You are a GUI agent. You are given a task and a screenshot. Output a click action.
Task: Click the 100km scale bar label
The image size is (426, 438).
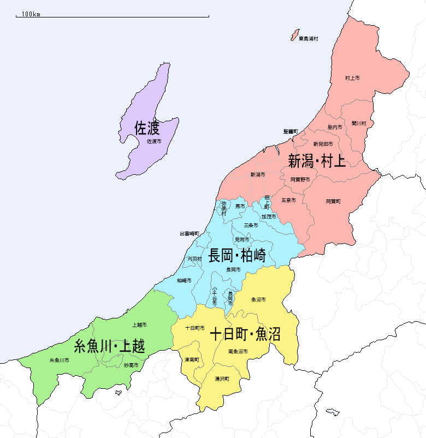pos(31,14)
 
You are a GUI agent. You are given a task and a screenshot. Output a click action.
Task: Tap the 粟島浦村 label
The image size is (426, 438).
pos(308,39)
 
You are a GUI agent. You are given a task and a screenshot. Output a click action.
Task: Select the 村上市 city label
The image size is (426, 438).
pos(352,79)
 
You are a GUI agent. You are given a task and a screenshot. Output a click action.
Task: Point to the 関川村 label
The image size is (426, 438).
pos(359,123)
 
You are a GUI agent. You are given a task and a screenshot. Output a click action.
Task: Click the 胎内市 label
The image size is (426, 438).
pos(335,127)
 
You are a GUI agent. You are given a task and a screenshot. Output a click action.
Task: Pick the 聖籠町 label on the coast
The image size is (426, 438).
pos(291,132)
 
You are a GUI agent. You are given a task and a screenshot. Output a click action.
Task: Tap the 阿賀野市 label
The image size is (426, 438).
pos(300,179)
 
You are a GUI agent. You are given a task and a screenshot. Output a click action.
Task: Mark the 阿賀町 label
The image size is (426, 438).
pos(333,201)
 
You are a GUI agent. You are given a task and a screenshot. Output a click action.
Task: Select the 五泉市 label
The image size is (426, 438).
pos(288,200)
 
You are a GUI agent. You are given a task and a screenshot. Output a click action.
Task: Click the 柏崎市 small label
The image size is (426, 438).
pos(184,280)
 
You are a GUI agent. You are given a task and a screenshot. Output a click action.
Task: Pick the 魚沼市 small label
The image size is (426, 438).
pos(258,299)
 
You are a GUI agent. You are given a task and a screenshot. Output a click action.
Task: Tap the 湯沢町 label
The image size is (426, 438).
pos(222,378)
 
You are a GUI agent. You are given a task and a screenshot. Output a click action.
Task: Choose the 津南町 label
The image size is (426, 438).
pos(192,360)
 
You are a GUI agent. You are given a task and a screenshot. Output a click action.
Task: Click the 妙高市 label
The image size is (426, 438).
pos(131,365)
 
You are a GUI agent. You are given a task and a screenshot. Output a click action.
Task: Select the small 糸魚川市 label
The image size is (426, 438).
pos(59,360)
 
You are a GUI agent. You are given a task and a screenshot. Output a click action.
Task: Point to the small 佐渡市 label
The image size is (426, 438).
pos(155,141)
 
